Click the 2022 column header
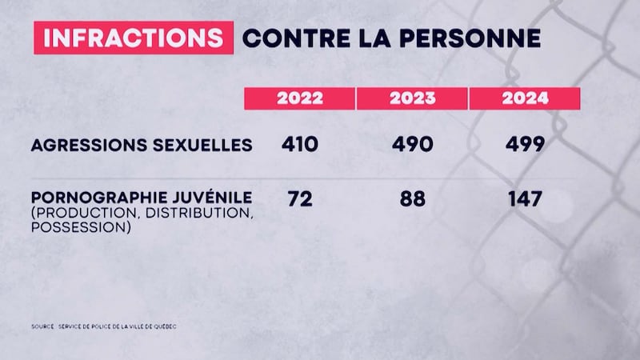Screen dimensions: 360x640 (x=300, y=98)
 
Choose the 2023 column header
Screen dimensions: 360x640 (x=413, y=98)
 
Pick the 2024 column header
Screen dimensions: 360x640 (x=525, y=98)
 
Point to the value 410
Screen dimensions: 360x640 (x=300, y=145)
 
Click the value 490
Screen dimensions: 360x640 (x=413, y=145)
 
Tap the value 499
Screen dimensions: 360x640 (x=525, y=145)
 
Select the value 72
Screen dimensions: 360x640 (x=300, y=198)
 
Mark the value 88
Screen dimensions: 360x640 (x=413, y=198)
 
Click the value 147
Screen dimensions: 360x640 (x=525, y=198)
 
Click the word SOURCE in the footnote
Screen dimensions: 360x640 (x=42, y=327)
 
